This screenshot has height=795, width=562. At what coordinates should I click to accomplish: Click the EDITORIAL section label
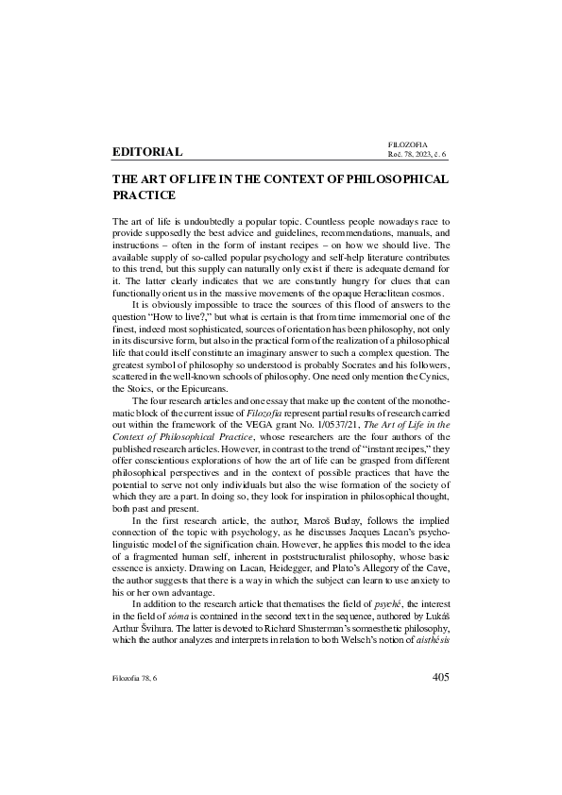point(146,151)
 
